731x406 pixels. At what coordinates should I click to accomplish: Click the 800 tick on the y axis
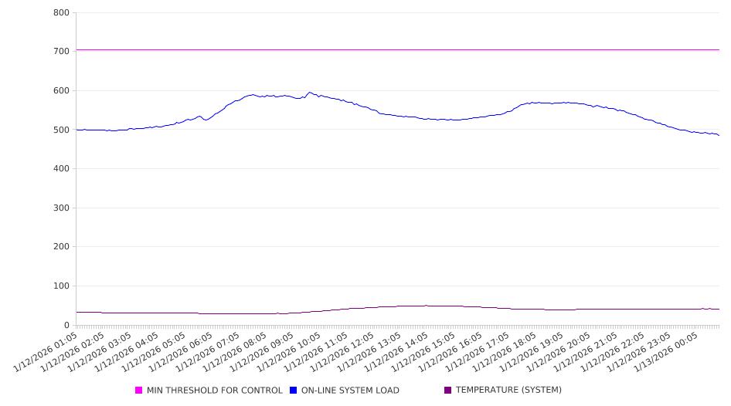[62, 13]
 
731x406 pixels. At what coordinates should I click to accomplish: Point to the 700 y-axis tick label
[62, 52]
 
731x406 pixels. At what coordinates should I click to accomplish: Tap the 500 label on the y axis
[62, 130]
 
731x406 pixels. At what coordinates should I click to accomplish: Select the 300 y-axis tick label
[62, 208]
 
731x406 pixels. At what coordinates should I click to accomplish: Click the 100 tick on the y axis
[62, 286]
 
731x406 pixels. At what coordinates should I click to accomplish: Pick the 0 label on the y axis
[67, 326]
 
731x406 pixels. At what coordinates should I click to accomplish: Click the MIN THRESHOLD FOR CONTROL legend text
[214, 391]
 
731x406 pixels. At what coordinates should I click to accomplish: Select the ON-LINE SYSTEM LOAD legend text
[349, 391]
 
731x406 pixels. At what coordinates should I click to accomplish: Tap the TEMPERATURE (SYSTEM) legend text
[508, 391]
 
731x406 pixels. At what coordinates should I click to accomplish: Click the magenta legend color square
[139, 391]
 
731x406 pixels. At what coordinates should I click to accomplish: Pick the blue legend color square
[293, 391]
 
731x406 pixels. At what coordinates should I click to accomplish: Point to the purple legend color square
[447, 391]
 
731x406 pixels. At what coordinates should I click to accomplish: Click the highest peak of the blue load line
[309, 93]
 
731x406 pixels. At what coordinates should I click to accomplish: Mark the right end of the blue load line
[719, 135]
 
